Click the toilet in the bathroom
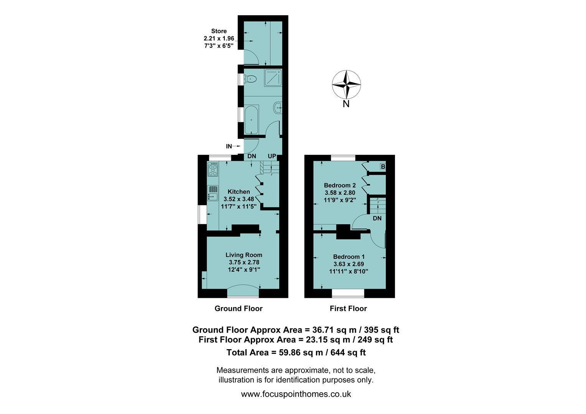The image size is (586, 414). [x=250, y=79]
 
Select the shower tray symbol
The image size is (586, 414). [x=273, y=78]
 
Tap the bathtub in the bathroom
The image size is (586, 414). [x=252, y=120]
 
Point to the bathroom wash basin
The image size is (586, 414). [x=278, y=107]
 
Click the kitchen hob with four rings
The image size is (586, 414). [x=213, y=169]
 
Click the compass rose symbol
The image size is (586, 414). [x=346, y=84]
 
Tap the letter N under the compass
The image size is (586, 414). [x=346, y=104]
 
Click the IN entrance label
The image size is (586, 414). [x=229, y=146]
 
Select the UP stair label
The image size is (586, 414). [x=272, y=156]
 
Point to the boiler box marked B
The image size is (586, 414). [x=383, y=166]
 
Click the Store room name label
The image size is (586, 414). [x=219, y=31]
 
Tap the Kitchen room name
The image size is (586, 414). [x=239, y=192]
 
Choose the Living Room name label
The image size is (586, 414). [x=244, y=255]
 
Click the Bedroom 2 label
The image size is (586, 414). [x=340, y=186]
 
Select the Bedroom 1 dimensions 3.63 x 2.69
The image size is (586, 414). [x=349, y=264]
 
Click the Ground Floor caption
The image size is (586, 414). [x=239, y=309]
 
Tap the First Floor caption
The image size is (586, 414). [x=349, y=309]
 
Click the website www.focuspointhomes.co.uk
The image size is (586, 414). [x=296, y=394]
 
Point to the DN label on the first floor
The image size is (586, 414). [x=377, y=219]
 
